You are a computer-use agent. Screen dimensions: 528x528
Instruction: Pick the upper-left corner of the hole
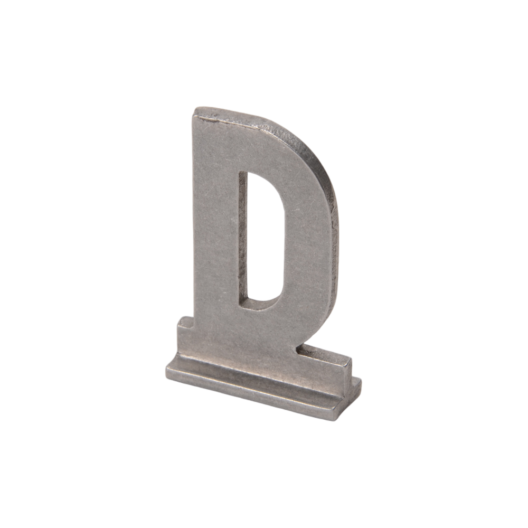click(x=240, y=172)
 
